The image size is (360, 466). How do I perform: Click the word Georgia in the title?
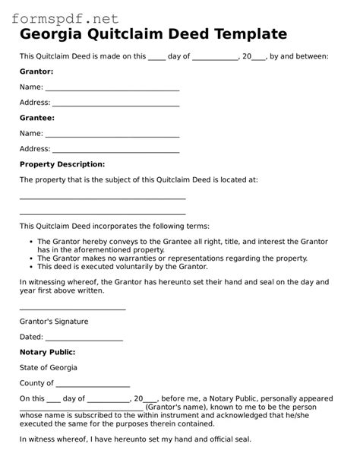click(x=52, y=33)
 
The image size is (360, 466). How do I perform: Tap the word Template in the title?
click(x=245, y=33)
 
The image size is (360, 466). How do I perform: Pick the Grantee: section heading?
click(x=36, y=119)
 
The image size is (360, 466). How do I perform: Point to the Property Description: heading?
click(x=62, y=164)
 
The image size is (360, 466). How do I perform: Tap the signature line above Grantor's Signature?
click(x=73, y=309)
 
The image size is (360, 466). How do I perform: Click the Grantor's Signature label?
click(x=54, y=322)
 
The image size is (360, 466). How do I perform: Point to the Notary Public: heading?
click(x=47, y=353)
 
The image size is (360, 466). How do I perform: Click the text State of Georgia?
click(x=49, y=368)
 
